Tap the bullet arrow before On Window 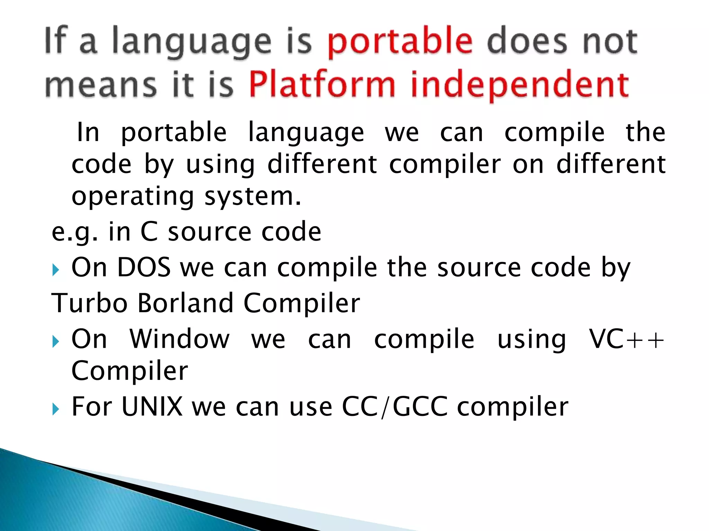[x=56, y=342]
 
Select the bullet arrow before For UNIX [x=56, y=409]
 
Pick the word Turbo [x=89, y=303]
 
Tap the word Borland [x=185, y=303]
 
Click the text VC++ [x=627, y=339]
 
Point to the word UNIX [x=152, y=407]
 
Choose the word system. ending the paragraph [x=253, y=196]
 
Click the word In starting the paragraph [x=88, y=132]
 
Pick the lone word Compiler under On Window [x=129, y=371]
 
